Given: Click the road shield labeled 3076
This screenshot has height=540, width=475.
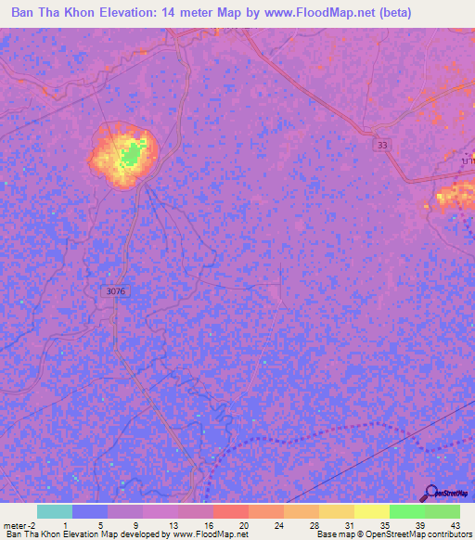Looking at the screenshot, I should click(x=115, y=291).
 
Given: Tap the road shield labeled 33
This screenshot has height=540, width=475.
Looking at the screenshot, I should click(x=383, y=145).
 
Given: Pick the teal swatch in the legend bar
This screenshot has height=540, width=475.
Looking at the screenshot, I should click(x=54, y=511).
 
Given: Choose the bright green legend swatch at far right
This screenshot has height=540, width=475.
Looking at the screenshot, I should click(x=442, y=511).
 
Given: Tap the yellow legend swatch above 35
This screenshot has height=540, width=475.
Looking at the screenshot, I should click(x=371, y=511).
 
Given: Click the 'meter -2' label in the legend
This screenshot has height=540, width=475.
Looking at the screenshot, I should click(x=19, y=523).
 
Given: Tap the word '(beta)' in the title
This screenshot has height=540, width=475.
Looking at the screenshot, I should click(x=391, y=12).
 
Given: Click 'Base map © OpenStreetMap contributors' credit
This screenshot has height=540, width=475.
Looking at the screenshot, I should click(x=393, y=534).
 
